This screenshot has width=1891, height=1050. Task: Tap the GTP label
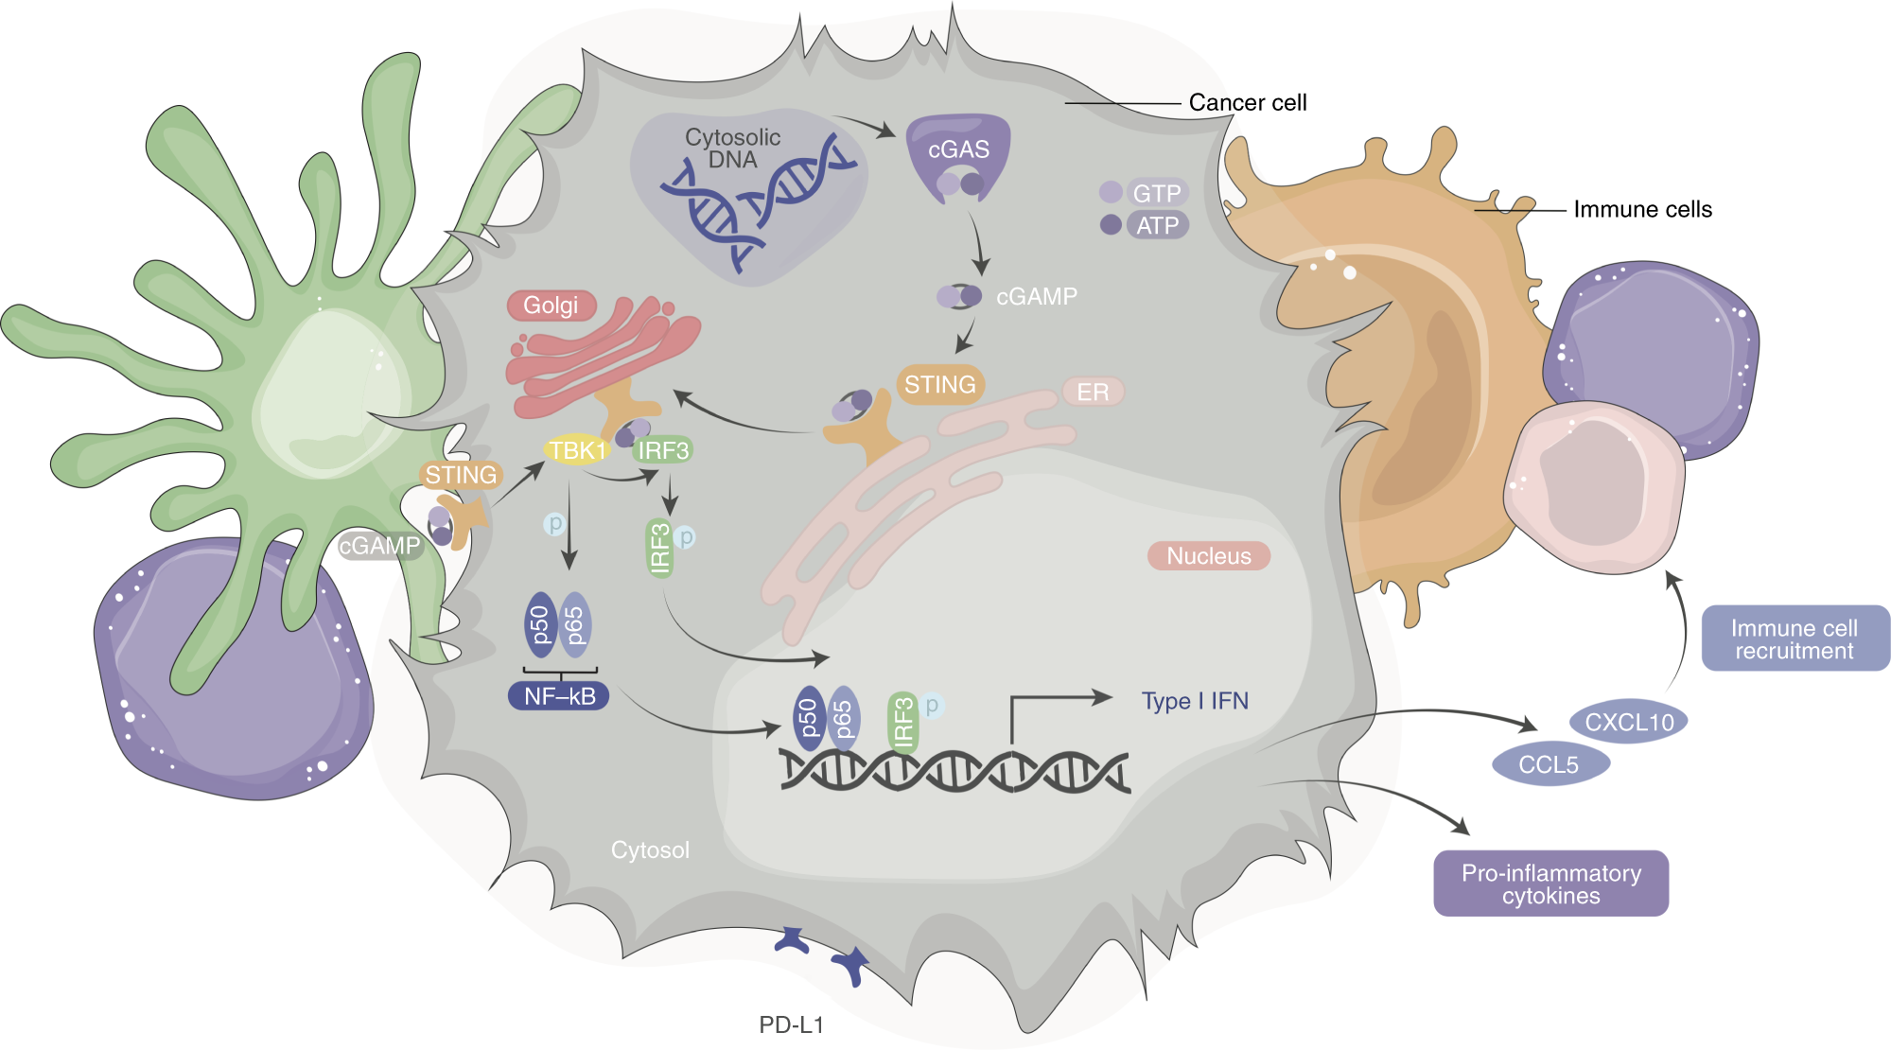pos(1156,193)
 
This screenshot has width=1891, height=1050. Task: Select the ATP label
pos(1157,225)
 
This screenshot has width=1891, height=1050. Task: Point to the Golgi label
pos(551,306)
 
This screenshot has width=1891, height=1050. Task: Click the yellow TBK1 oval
pos(576,450)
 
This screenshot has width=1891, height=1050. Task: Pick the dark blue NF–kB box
pos(559,696)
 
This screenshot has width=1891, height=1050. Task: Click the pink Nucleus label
pos(1208,556)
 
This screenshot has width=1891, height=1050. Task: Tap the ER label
pos(1093,392)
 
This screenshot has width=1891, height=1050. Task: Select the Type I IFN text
pos(1195,701)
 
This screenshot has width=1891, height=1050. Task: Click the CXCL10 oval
pos(1629,723)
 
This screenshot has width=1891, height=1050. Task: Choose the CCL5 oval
pos(1550,764)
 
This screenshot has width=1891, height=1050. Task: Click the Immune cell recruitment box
pos(1795,639)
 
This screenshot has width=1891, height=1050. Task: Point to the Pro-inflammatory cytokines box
pos(1550,884)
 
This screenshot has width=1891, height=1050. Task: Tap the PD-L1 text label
pos(791,1024)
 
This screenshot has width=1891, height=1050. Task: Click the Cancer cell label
pos(1247,102)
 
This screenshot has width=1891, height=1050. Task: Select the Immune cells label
pos(1642,209)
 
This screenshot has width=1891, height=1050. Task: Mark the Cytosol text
pos(650,849)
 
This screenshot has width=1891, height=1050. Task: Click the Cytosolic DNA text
pos(733,149)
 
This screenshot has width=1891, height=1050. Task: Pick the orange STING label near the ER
pos(939,385)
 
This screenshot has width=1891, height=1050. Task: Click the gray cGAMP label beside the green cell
pos(379,546)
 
